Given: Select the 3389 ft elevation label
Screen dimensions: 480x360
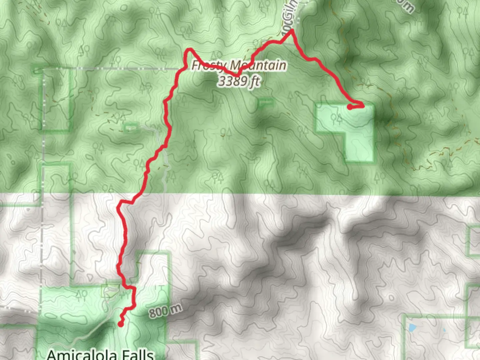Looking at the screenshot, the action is tap(239, 81).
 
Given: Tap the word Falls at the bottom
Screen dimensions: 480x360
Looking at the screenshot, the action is tap(138, 354).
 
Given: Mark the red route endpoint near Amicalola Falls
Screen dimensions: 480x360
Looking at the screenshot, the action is tap(121, 323).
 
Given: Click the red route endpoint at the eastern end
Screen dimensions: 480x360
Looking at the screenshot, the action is tap(349, 107).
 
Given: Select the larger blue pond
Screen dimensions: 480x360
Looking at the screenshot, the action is tap(412, 328).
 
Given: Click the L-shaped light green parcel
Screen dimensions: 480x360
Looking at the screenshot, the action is tap(347, 130).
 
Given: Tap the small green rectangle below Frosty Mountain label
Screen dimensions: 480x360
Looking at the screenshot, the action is tap(265, 103).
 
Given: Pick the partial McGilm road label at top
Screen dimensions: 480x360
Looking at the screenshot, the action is tap(289, 20).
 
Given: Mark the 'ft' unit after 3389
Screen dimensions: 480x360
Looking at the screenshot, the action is tap(254, 81).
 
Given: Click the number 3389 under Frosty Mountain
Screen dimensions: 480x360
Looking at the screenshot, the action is tap(233, 81).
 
